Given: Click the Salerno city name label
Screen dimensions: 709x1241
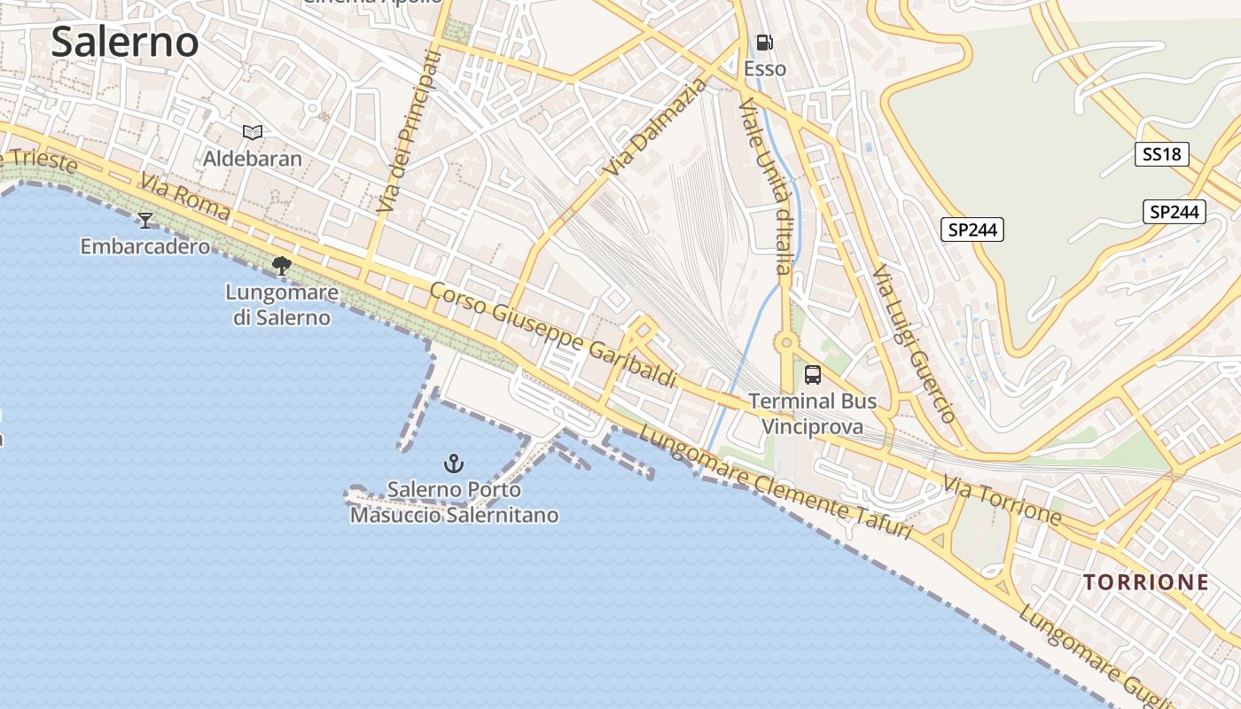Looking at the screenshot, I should coord(125,43).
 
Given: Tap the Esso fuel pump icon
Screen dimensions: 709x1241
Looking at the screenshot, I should coord(764,43).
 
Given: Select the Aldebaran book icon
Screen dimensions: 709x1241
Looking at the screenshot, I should coord(253,132).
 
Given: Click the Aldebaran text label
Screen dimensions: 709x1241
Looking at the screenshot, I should coord(253,160).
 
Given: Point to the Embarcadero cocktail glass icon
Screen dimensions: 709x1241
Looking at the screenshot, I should coord(145,220).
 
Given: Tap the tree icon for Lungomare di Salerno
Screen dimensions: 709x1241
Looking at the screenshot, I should coord(282,265).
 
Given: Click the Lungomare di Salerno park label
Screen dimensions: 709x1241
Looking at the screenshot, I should coord(282,305).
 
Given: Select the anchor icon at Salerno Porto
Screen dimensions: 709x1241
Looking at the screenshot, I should coord(454,463).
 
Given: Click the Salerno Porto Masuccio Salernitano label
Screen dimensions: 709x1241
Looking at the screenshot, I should coord(455,502).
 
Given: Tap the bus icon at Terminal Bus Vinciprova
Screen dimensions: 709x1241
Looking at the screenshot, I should coord(813,374).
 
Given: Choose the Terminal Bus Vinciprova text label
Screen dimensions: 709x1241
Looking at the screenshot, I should coord(813,414).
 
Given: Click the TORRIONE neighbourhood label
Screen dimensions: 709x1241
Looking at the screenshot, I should coord(1146,582).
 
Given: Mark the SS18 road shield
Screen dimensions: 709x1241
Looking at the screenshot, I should coord(1161,154).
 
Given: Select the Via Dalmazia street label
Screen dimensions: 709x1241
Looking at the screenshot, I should coord(657,127).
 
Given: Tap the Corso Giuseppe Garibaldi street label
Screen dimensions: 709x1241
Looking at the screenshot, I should coord(554,333).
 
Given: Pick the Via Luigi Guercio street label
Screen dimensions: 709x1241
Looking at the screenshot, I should coord(913,344).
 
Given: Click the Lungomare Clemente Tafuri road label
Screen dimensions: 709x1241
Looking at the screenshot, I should coord(775,484).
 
